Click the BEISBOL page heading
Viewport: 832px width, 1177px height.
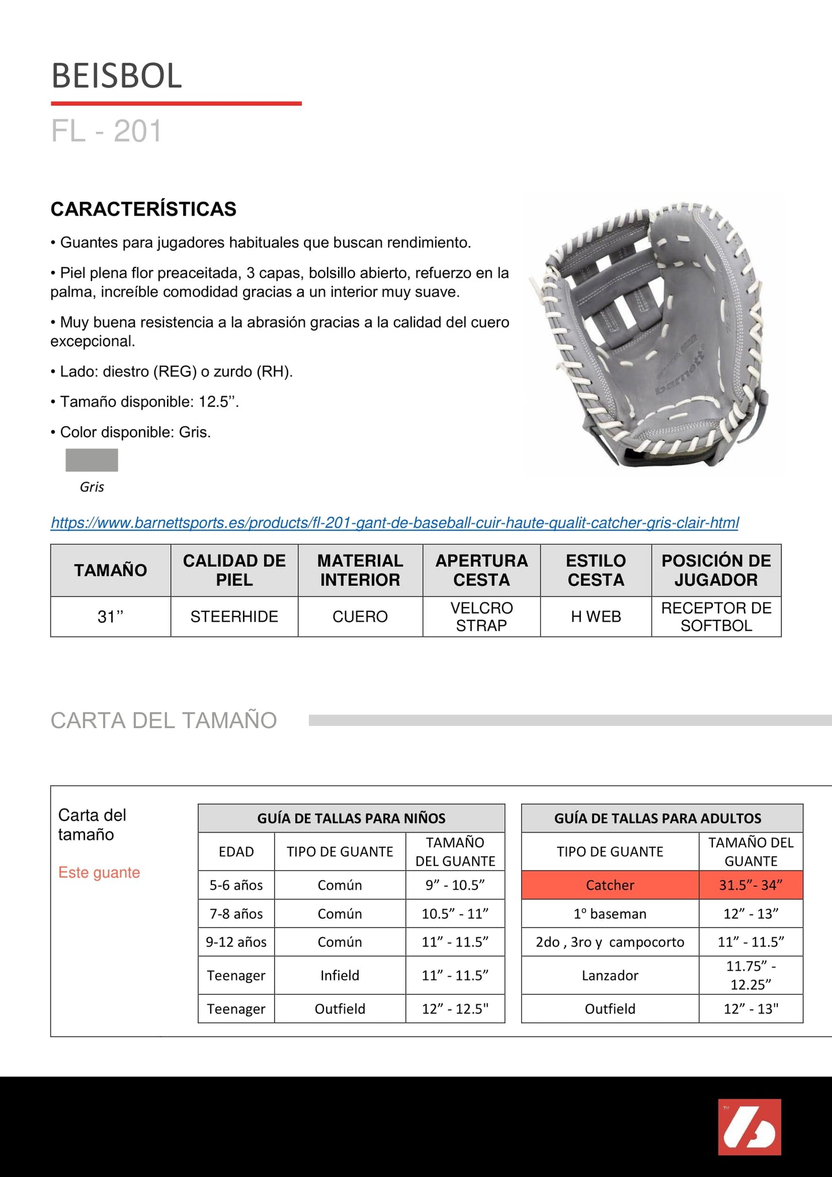coord(117,76)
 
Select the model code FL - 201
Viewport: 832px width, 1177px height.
coord(107,131)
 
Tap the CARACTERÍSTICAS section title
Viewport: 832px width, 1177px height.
coord(143,209)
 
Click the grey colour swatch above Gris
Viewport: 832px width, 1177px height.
coord(92,460)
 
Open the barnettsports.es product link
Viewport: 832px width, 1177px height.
coord(394,523)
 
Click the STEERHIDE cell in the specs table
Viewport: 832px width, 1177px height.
coord(234,616)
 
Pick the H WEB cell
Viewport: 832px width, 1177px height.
coord(595,616)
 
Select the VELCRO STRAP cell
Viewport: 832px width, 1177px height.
coord(481,616)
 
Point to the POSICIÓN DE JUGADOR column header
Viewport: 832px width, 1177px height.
coord(716,570)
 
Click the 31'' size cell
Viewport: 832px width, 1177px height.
coord(111,616)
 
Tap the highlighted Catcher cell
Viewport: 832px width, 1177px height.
coord(610,885)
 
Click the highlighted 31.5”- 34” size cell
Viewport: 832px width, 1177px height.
coord(750,885)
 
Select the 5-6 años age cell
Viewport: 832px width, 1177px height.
coord(236,885)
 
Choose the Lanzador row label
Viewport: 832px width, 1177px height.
coord(610,975)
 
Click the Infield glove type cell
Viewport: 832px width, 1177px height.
coord(340,975)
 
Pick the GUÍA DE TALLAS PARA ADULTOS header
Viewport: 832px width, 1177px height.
coord(658,818)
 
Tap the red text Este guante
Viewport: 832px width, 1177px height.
coord(99,872)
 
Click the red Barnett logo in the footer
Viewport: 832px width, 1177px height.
coord(749,1127)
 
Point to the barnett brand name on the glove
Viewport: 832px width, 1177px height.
coord(681,374)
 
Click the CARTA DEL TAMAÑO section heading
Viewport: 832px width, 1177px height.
coord(164,720)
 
